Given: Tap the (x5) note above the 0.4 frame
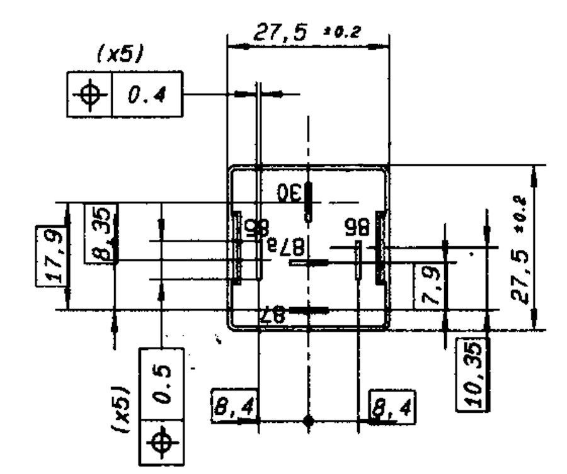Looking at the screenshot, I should coord(120,54).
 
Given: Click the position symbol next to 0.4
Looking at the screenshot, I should coord(89,94).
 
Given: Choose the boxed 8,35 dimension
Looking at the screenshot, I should coord(101,233).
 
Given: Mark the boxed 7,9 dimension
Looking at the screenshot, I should coord(428,285).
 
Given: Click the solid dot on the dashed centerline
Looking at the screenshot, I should coord(308,421).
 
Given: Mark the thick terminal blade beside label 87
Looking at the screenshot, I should coord(309,310).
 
